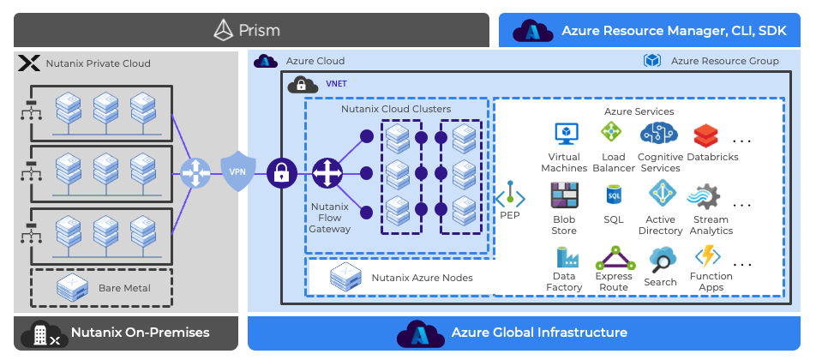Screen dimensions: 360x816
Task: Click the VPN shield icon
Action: tap(237, 171)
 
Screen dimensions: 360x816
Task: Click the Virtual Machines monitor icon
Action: tap(567, 134)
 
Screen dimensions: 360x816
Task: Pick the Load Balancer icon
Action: tap(611, 133)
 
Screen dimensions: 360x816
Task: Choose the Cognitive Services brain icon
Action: tap(659, 133)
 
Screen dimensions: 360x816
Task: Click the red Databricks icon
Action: tap(705, 135)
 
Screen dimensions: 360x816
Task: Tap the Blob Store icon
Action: tap(564, 196)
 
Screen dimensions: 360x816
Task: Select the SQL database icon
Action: tap(613, 195)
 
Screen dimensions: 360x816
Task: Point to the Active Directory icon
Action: tap(662, 195)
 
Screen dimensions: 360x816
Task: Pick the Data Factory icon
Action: tap(565, 256)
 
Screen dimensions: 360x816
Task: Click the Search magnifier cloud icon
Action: tap(662, 257)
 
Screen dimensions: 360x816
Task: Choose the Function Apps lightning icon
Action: tap(709, 256)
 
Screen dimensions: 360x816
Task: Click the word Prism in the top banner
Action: tap(258, 31)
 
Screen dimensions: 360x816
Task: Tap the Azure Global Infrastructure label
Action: tap(539, 333)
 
